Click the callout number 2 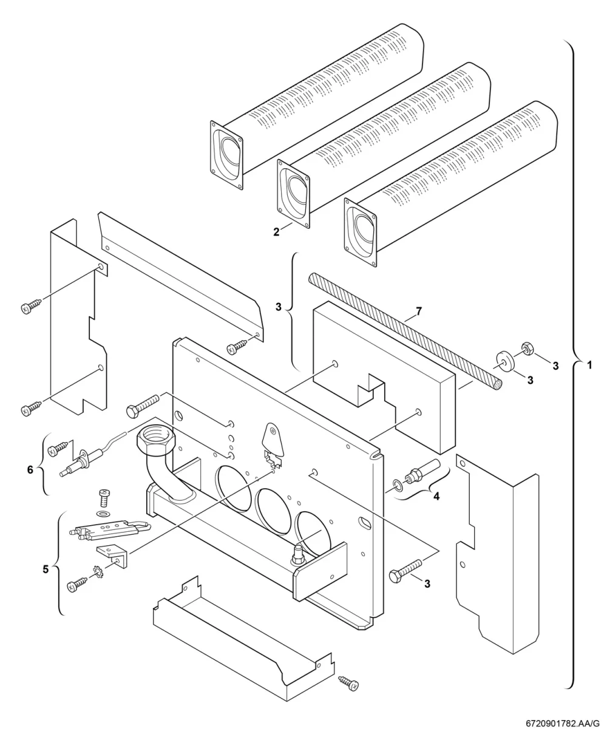276,232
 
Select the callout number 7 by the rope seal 418,311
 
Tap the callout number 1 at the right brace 589,365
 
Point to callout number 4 436,497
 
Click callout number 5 46,569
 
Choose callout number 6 30,469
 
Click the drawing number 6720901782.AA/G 562,724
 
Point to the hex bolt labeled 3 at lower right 405,570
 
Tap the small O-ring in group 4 398,486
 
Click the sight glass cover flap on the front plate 273,438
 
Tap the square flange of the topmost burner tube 226,155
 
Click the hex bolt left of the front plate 143,405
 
